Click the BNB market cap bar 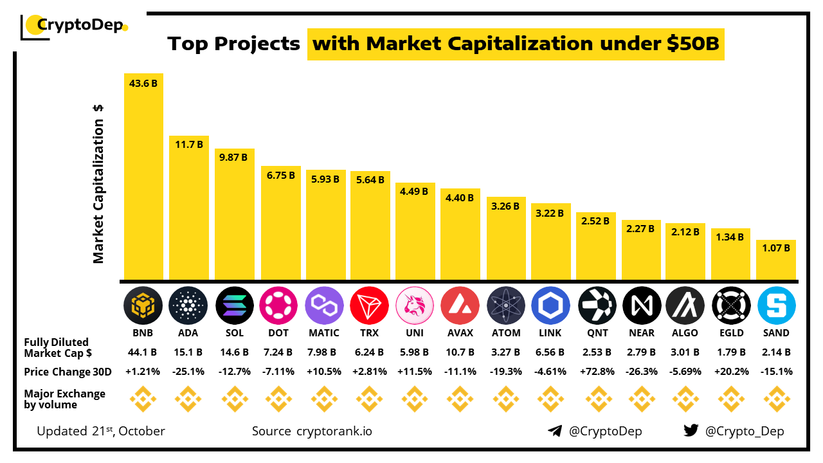(143, 177)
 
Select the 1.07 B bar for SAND (776, 260)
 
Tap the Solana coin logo (234, 305)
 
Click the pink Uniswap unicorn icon (415, 305)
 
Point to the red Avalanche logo (460, 305)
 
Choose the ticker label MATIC (324, 333)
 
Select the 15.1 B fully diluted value (188, 352)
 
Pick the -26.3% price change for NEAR (642, 372)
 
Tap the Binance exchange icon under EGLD (732, 399)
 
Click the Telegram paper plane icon (555, 431)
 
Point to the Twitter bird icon (691, 431)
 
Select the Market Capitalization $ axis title (98, 183)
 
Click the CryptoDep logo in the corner (74, 26)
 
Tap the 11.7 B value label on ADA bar (188, 145)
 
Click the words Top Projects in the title (234, 44)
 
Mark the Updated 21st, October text (101, 431)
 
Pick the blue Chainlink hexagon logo (550, 305)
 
